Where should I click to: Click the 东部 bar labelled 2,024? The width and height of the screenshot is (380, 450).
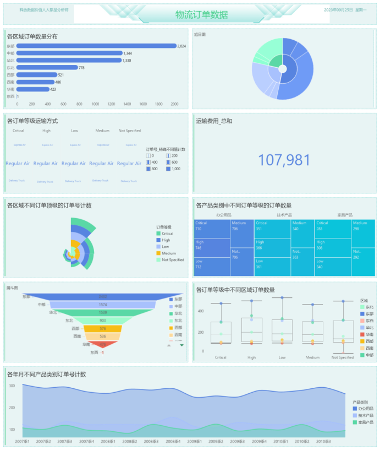point(96,46)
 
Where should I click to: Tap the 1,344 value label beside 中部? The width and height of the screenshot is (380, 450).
point(128,53)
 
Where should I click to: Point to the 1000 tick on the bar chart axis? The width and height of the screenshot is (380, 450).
point(95,104)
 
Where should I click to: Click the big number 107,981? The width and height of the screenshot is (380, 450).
point(284,160)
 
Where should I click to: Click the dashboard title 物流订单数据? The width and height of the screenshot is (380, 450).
point(201,15)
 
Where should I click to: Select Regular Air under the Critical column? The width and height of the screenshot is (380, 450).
point(18,164)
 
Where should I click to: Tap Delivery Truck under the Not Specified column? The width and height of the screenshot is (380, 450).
point(129,181)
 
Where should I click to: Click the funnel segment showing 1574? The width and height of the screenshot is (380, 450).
point(103,305)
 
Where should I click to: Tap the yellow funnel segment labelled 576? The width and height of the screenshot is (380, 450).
point(103,328)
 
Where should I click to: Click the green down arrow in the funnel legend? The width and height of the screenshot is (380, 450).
point(182,345)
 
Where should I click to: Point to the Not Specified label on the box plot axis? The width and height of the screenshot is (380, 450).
point(342,357)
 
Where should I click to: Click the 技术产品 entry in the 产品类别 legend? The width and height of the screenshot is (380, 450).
point(365,415)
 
